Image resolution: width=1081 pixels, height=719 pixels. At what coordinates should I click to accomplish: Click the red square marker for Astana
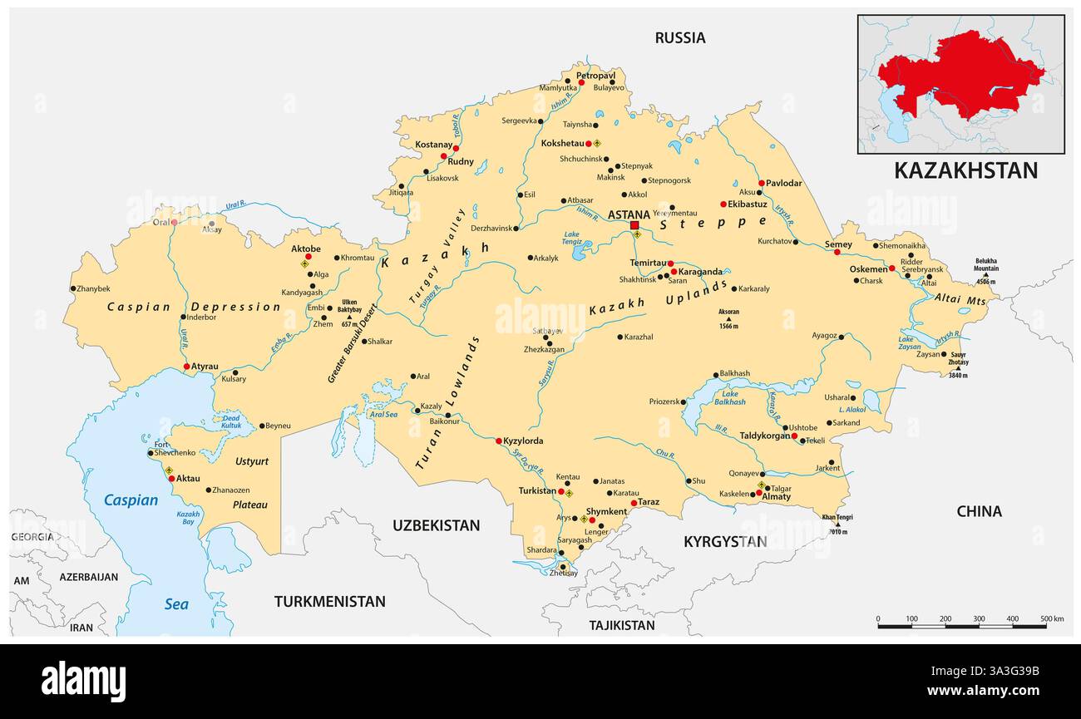pos(634,225)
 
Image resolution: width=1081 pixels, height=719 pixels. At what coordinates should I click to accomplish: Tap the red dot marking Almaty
pos(758,493)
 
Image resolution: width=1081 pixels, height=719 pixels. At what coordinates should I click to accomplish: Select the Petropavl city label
pos(595,75)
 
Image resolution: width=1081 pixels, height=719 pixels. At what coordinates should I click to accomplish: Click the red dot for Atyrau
pos(186,366)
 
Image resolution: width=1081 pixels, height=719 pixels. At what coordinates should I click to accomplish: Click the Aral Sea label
pos(383,414)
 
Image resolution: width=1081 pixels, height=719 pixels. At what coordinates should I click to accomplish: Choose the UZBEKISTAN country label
pos(436,525)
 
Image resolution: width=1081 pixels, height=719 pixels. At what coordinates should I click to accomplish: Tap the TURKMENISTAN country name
pos(329,601)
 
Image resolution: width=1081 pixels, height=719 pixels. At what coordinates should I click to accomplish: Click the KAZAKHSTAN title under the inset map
pos(965,170)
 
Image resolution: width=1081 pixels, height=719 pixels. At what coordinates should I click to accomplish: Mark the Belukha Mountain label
pos(986,264)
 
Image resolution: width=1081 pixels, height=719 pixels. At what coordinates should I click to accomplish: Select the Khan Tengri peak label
pos(837,517)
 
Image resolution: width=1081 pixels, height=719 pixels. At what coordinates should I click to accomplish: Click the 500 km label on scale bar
pos(1051,619)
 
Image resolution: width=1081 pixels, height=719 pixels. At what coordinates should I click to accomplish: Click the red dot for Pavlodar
pos(761,183)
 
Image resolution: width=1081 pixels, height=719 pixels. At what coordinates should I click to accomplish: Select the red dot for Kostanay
pos(456,148)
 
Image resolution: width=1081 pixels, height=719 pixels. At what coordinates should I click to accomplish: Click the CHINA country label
pos(979,511)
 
